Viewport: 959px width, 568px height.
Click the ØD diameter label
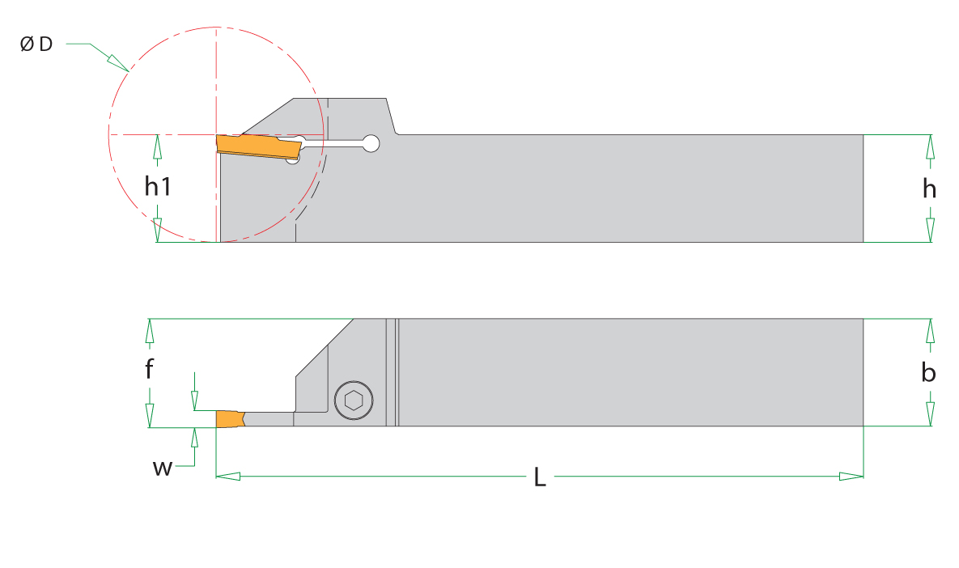(36, 44)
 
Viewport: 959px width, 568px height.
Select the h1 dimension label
(158, 186)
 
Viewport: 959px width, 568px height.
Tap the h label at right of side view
(930, 189)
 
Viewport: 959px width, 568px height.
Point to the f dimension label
(149, 369)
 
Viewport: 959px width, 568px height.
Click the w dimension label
(162, 468)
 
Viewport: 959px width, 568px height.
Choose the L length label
(540, 477)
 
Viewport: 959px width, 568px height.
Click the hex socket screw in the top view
(354, 401)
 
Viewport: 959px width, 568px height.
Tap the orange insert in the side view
(259, 146)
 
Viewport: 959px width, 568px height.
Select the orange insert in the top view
(231, 419)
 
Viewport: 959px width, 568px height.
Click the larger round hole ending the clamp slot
(371, 144)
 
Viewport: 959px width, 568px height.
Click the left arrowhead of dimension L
(228, 477)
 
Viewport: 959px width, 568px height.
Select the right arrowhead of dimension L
(851, 477)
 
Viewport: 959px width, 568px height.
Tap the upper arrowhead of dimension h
(930, 146)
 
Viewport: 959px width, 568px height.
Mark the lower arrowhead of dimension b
(930, 414)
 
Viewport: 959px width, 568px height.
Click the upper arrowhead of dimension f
(149, 331)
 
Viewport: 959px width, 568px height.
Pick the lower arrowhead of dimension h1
(158, 231)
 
